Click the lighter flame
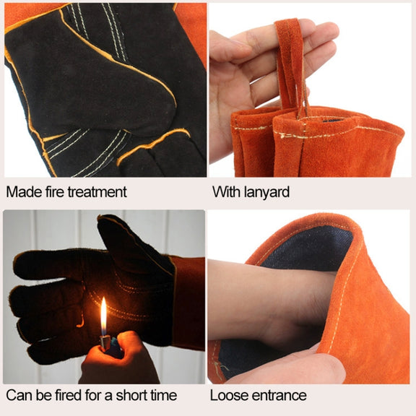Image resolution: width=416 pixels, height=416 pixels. (x=103, y=316)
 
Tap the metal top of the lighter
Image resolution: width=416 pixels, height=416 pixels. (x=105, y=342)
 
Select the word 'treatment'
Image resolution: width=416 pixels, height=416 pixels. (x=97, y=192)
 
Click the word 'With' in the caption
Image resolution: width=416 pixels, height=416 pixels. (x=226, y=192)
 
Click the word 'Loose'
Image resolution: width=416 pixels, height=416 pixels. (x=229, y=395)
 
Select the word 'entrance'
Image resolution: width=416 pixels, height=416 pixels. (x=279, y=396)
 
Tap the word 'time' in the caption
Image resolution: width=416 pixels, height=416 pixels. (x=164, y=395)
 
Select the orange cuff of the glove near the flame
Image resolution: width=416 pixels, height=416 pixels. (x=189, y=303)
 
